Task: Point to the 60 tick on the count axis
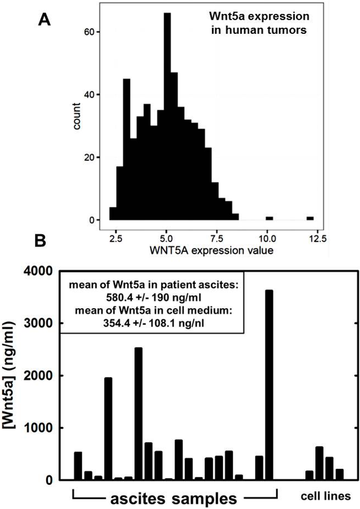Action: (95, 32)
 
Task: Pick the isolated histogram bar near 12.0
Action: (310, 218)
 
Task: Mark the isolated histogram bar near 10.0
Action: (270, 218)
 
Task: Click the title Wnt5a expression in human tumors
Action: (258, 22)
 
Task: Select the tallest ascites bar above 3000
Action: (269, 385)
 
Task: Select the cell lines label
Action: (327, 496)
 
